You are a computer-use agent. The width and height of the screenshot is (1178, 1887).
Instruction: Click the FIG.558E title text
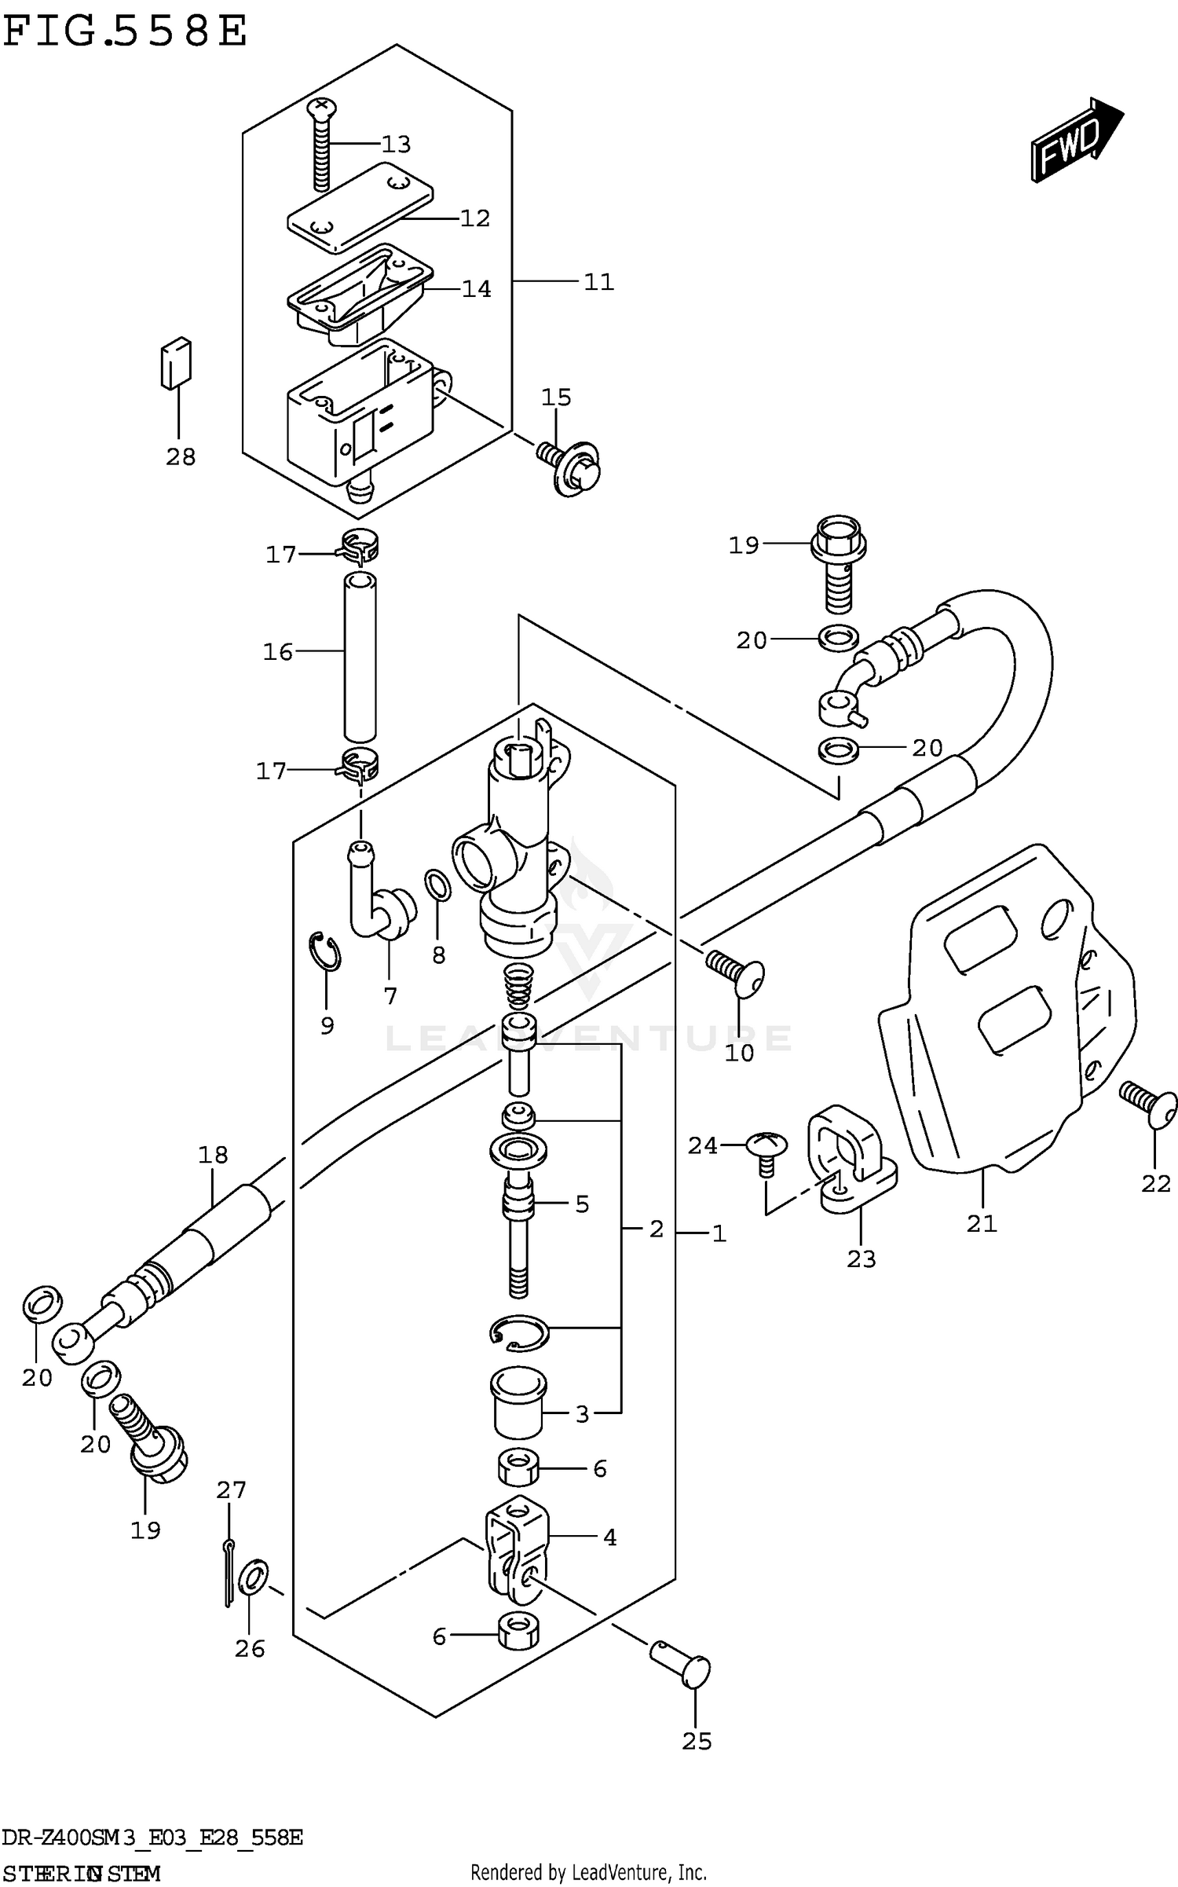pyautogui.click(x=126, y=33)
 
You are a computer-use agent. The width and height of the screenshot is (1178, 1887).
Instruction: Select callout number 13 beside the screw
pyautogui.click(x=396, y=145)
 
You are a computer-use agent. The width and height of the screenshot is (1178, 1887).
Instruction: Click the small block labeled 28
pyautogui.click(x=176, y=363)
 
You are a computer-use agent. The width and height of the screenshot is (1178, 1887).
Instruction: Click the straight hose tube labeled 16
pyautogui.click(x=360, y=657)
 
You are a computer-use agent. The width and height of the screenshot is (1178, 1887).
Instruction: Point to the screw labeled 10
pyautogui.click(x=737, y=970)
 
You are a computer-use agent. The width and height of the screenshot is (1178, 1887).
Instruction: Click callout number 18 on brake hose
pyautogui.click(x=213, y=1155)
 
